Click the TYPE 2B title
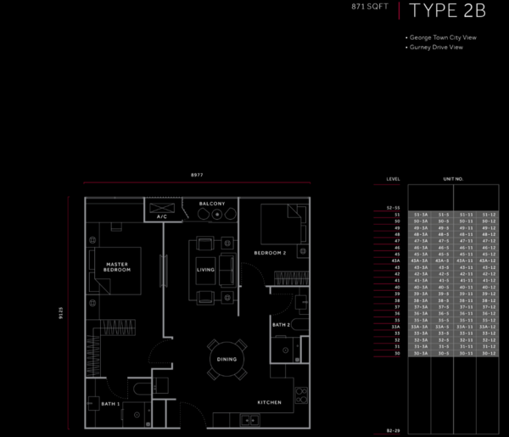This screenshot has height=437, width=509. point(447,12)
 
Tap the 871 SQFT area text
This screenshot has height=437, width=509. point(369,8)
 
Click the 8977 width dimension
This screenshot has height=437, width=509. point(197,175)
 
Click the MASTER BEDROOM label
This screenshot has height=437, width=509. point(116,267)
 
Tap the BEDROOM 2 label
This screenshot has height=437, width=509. point(270,254)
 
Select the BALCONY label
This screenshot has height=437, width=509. point(212,204)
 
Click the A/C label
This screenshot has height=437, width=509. point(162,217)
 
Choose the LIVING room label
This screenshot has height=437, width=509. point(205,271)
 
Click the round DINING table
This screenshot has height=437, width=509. point(227,360)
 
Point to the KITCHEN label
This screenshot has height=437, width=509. point(270,401)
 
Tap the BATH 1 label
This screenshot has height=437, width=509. point(110,404)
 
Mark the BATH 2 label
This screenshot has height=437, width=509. point(282,325)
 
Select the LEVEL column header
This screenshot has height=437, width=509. point(393,179)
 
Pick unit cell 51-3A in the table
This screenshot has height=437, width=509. point(420,216)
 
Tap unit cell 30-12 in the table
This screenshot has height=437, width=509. point(487,352)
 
